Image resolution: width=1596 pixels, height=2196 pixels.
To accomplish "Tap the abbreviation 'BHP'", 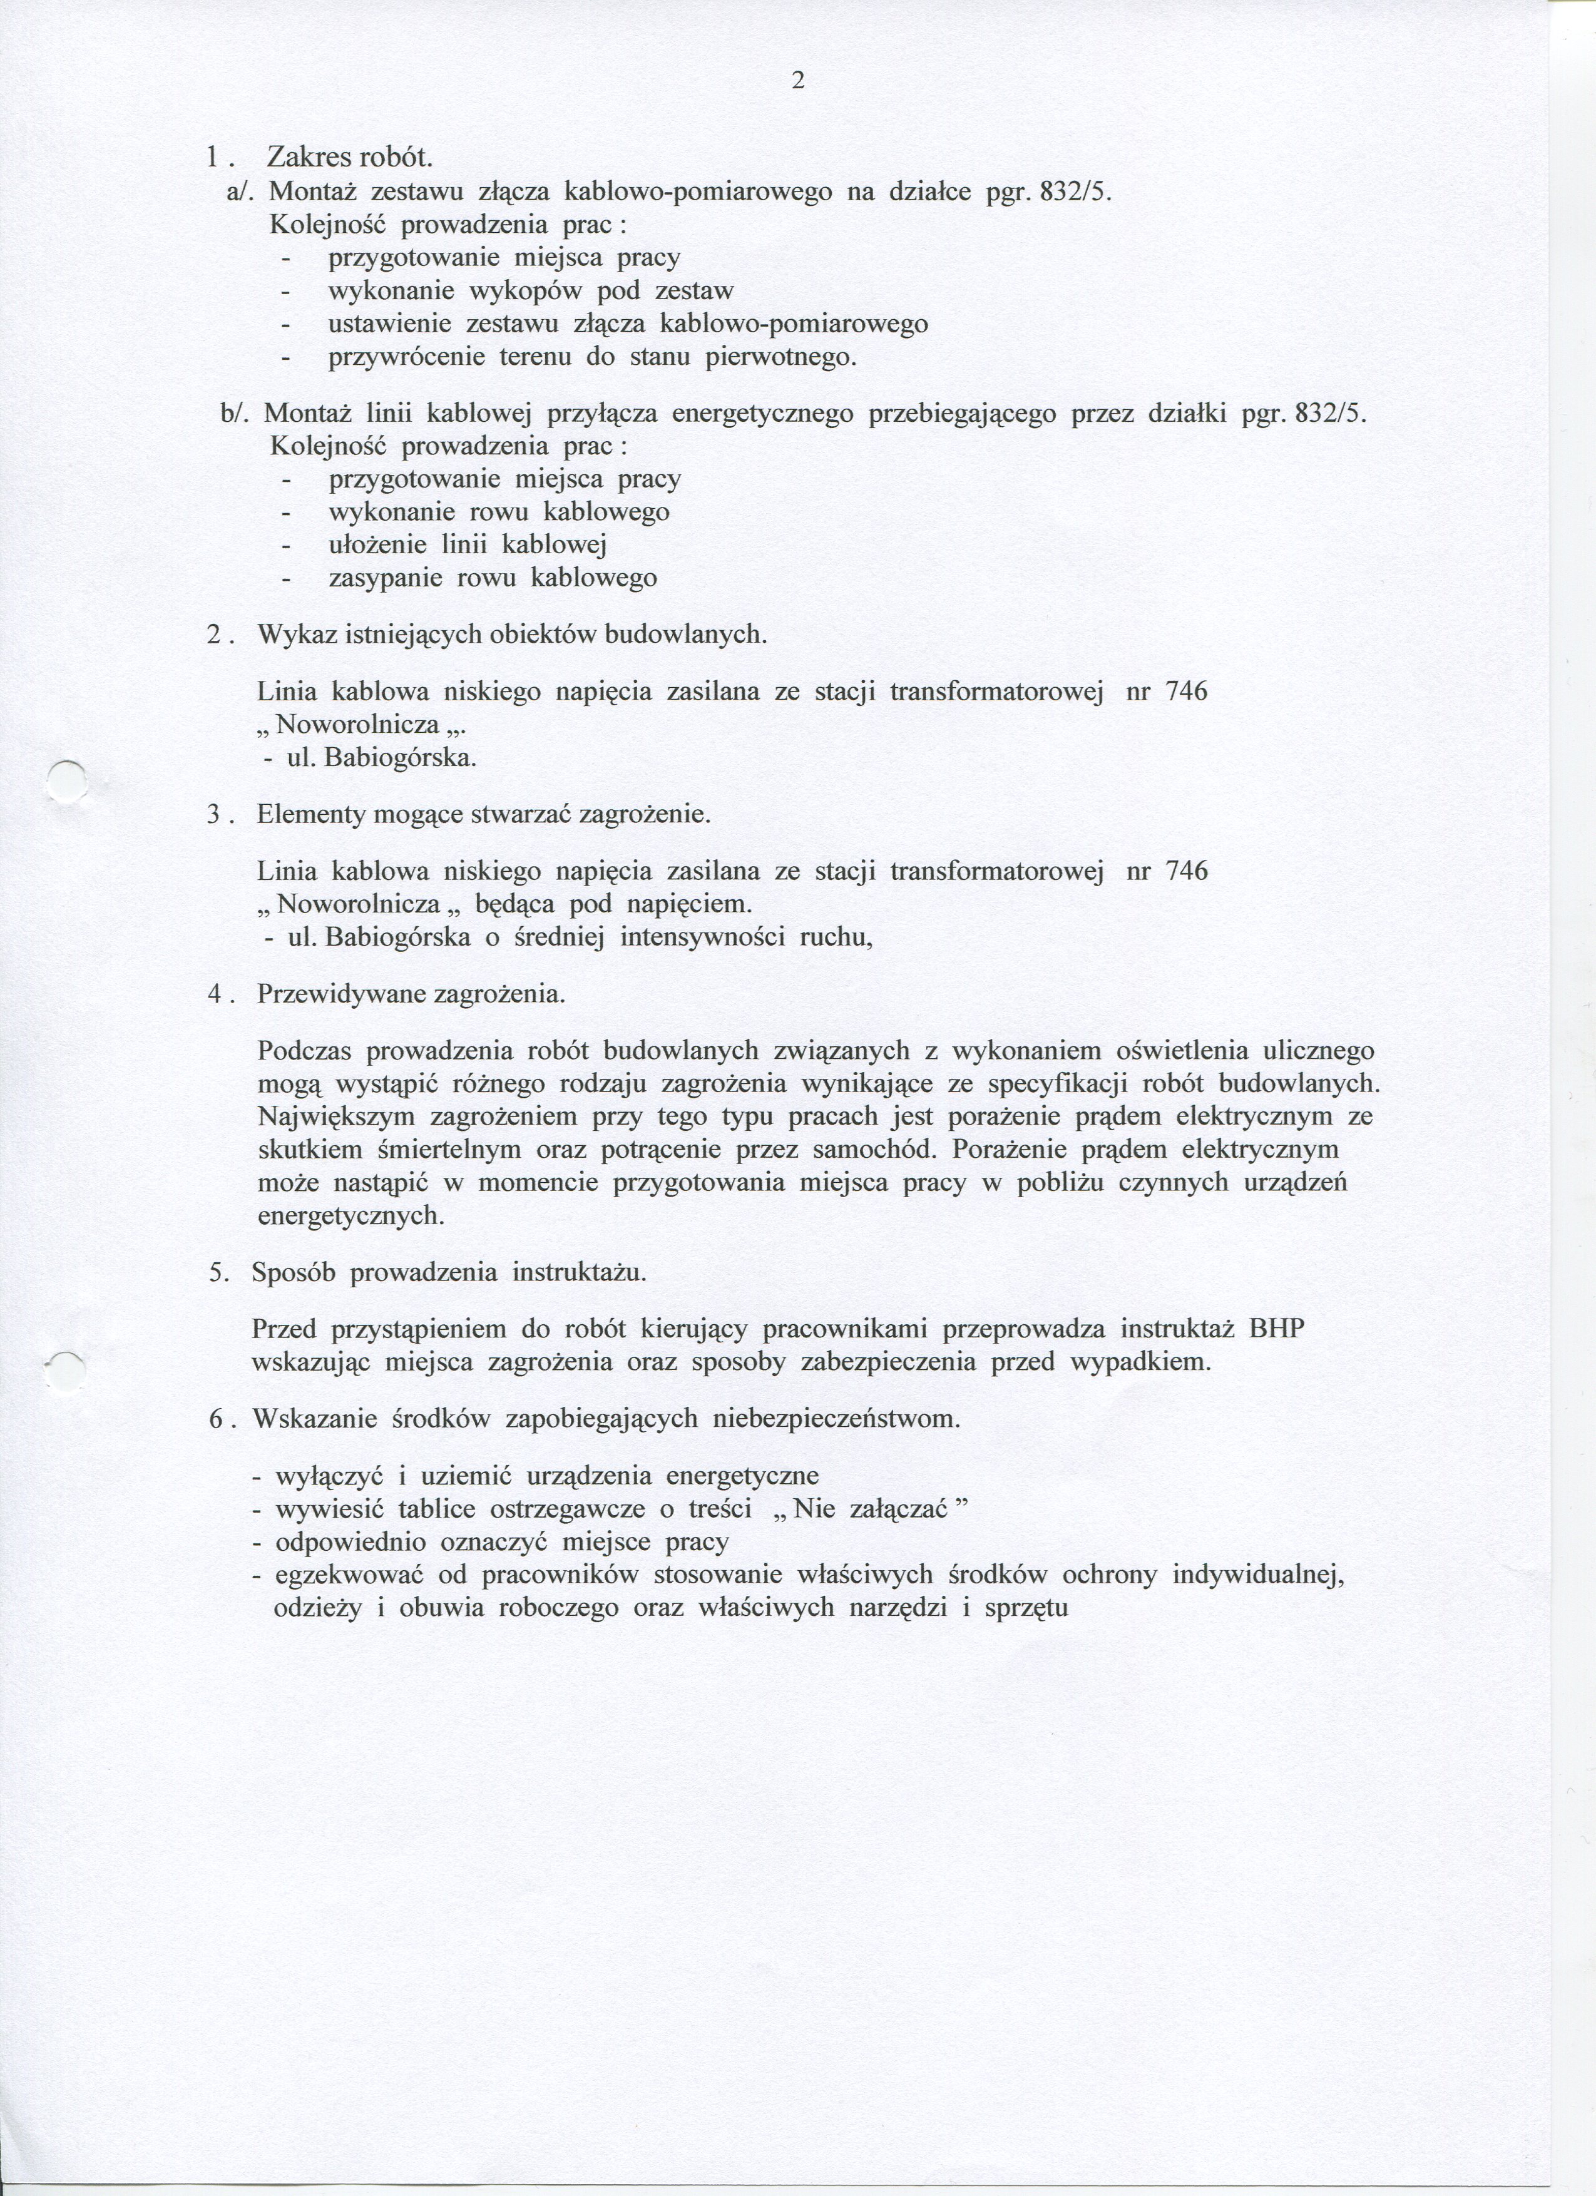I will pyautogui.click(x=1276, y=1329).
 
